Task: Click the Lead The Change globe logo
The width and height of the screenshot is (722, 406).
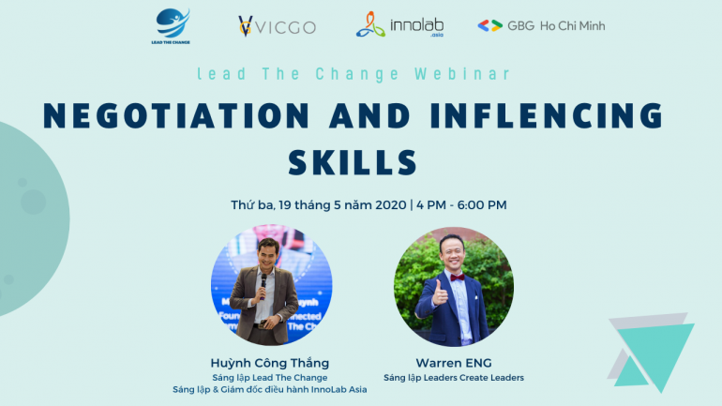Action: pos(171,25)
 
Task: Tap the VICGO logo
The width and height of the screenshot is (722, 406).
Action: pos(277,26)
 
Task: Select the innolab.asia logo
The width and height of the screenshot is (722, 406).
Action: pos(399,25)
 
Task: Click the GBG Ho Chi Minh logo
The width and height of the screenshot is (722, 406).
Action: pos(541,25)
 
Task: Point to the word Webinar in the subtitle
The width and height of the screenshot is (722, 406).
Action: pos(462,74)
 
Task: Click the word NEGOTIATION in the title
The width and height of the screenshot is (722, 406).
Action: pos(176,115)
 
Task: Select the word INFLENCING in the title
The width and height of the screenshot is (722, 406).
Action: pos(547,115)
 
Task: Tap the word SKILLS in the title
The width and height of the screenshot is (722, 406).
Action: pos(353,162)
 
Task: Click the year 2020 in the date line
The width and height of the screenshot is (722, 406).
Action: pos(390,204)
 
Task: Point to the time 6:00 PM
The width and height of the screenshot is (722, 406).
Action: pos(482,204)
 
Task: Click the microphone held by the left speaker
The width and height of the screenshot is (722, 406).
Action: pos(263,285)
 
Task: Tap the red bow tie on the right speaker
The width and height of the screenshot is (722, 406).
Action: pos(458,278)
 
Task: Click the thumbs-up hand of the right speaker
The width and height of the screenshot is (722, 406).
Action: pos(439,293)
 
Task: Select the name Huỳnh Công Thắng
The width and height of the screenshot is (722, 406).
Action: pos(270,363)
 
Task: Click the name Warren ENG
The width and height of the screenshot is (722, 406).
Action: pos(454,363)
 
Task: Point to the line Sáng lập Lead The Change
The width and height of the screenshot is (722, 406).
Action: pos(270,378)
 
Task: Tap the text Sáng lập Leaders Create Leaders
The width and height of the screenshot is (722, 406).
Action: pos(454,378)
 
